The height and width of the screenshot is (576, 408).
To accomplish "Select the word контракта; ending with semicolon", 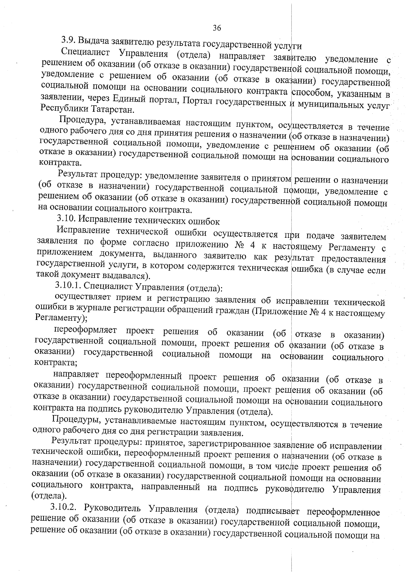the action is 56,363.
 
